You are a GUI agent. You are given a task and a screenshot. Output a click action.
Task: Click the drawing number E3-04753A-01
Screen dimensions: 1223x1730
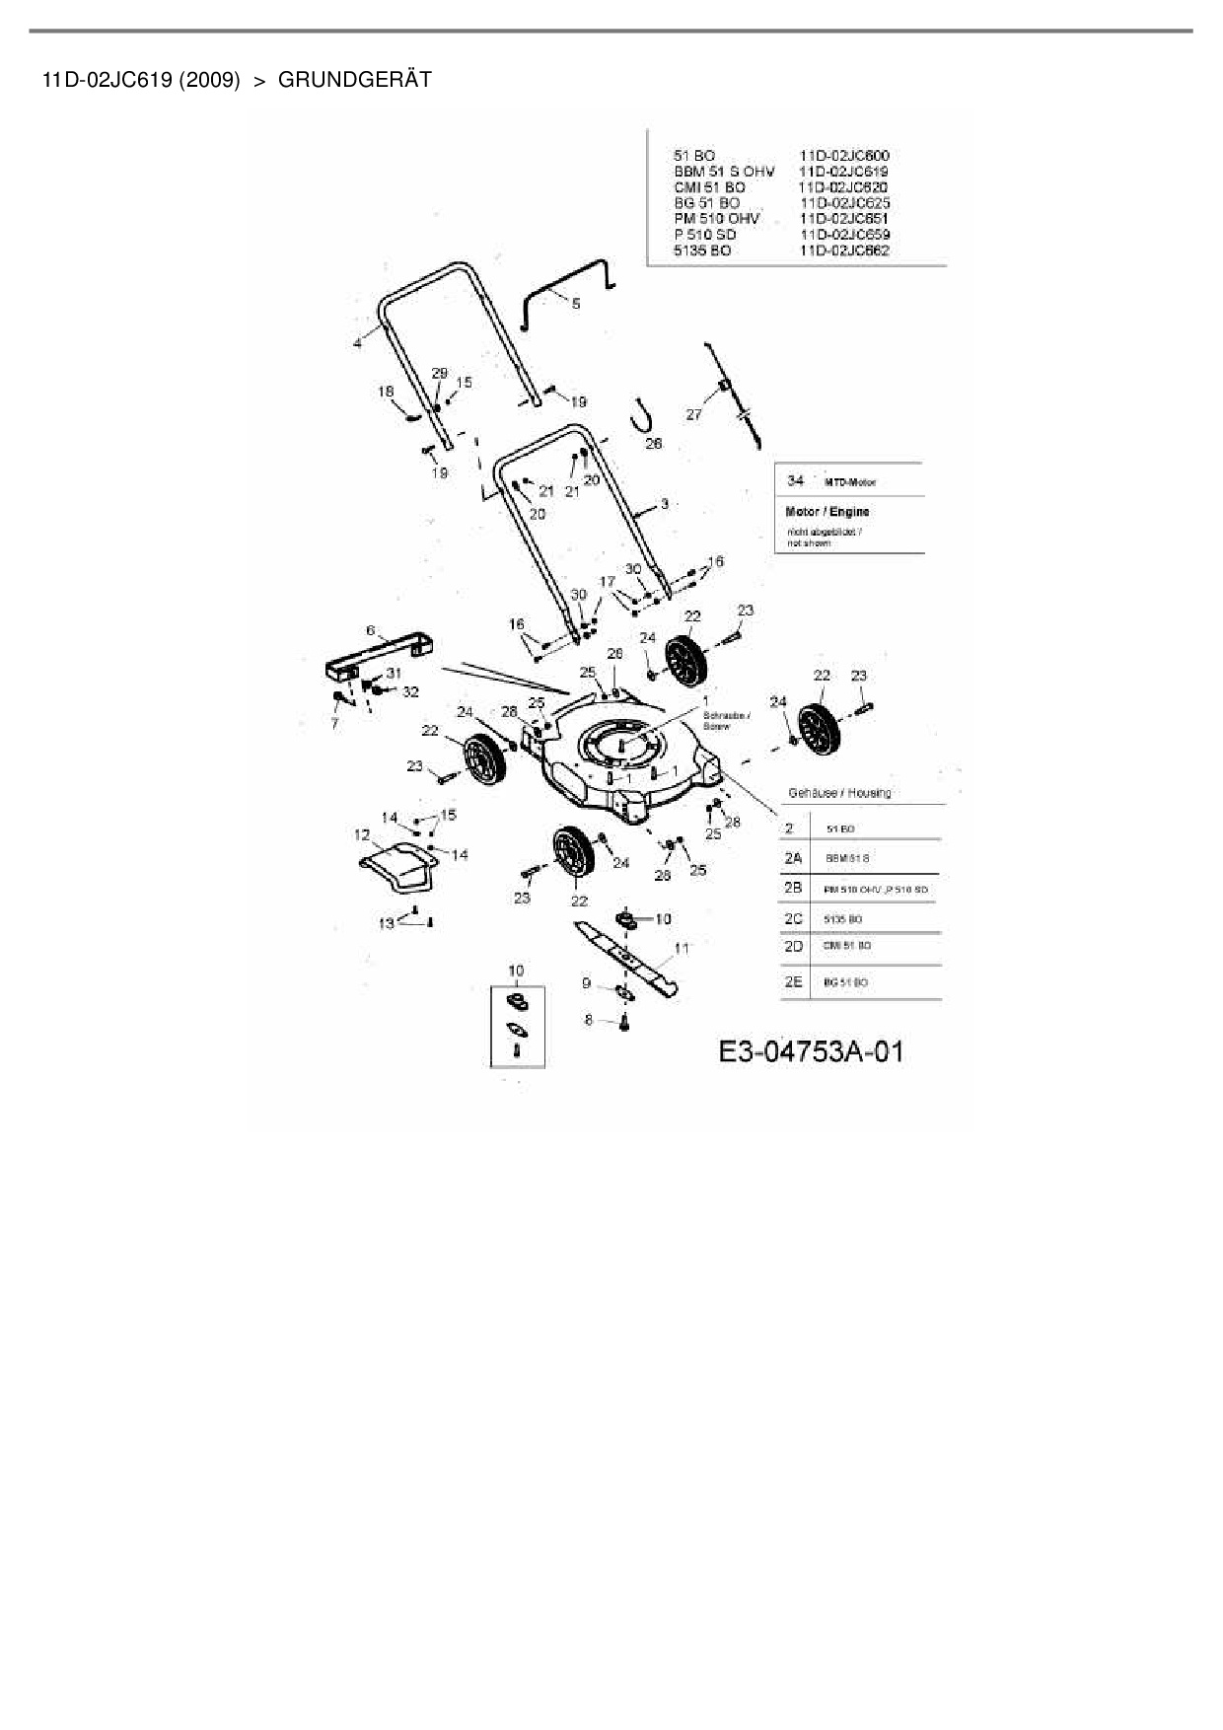point(810,1051)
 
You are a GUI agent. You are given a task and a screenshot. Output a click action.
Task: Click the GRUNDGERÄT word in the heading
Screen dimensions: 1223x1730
point(355,80)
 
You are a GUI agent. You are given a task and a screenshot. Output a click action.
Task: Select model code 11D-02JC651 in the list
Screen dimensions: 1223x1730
point(844,218)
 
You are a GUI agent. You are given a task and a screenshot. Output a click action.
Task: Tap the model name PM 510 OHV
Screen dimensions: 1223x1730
point(717,218)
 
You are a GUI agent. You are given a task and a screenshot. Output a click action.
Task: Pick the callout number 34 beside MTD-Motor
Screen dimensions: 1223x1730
point(795,480)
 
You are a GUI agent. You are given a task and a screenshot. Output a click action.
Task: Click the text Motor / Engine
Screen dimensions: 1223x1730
point(827,512)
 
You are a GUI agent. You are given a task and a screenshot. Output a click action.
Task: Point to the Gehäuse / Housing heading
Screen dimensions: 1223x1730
point(839,792)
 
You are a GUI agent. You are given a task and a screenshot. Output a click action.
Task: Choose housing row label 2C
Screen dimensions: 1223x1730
point(793,918)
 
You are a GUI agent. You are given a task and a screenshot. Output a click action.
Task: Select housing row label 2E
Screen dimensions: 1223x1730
point(793,981)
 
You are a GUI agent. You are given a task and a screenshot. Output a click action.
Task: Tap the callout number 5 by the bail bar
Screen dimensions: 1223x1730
point(576,304)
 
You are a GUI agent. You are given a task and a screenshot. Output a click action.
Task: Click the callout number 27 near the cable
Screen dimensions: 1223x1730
point(694,414)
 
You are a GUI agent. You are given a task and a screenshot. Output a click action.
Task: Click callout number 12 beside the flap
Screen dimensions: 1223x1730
point(362,834)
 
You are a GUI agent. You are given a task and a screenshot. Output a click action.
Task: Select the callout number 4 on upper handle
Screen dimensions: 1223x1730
point(357,342)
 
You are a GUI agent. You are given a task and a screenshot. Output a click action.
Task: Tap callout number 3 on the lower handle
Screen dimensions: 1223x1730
point(665,504)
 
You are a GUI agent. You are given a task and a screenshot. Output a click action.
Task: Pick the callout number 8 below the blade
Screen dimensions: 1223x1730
point(589,1020)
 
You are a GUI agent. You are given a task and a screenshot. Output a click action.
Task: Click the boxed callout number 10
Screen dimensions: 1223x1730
point(516,972)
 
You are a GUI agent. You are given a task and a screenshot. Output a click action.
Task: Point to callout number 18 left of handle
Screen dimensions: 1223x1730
point(386,392)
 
